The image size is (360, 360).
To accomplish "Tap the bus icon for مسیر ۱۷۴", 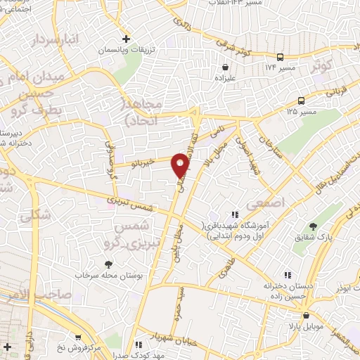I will pyautogui.click(x=281, y=57).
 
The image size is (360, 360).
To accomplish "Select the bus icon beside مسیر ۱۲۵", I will pyautogui.click(x=302, y=101).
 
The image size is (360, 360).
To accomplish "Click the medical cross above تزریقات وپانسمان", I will pyautogui.click(x=127, y=39).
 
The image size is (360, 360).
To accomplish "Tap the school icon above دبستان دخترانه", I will pyautogui.click(x=286, y=275).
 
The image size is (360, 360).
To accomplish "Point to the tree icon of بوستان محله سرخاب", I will pyautogui.click(x=107, y=264).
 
